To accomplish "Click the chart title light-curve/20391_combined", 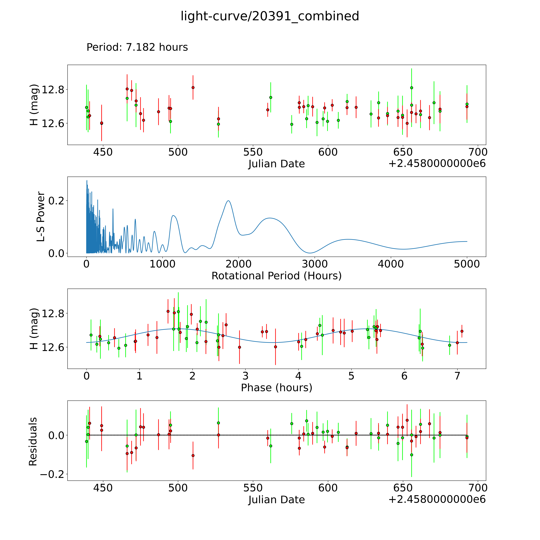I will [x=270, y=16].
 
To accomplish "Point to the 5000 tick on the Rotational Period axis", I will [x=467, y=264].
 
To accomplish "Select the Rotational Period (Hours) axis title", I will [x=276, y=276].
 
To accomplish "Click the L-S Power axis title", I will [x=41, y=217].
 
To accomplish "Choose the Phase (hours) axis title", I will [x=276, y=388].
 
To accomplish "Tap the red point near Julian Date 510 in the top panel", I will [x=193, y=87].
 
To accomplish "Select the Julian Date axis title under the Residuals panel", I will [x=276, y=499].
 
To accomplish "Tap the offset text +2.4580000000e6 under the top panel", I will [x=437, y=163].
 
